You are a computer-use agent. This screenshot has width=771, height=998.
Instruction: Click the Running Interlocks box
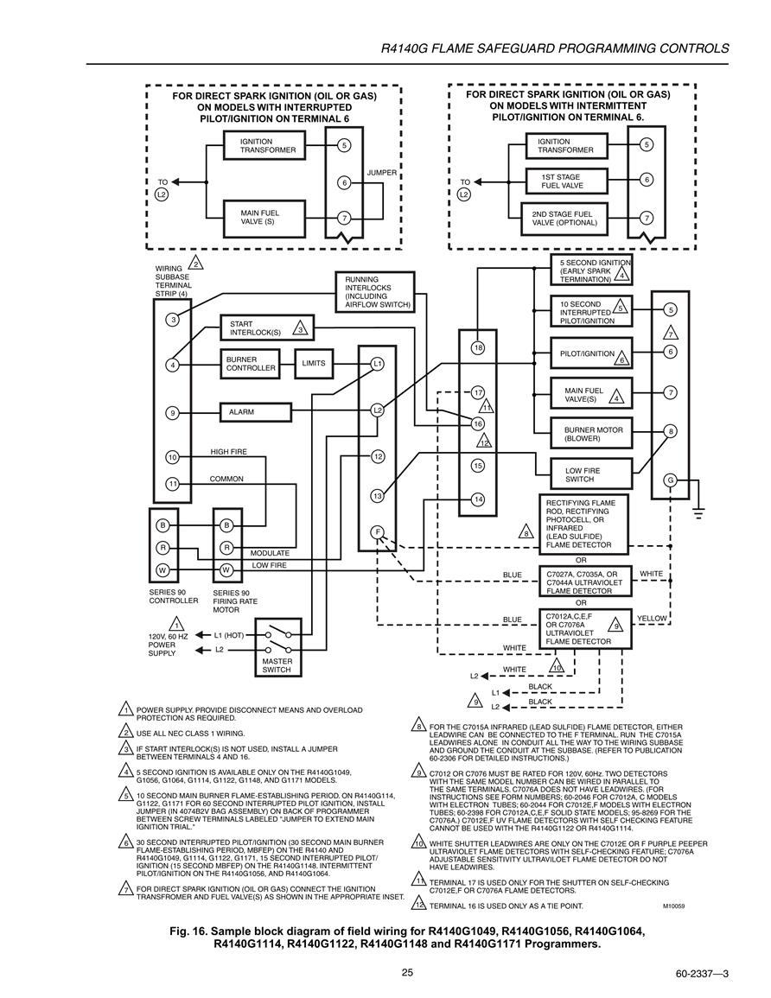pyautogui.click(x=375, y=291)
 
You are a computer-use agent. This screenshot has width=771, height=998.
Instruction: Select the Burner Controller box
pyautogui.click(x=250, y=364)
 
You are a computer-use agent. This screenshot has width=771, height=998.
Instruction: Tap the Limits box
pyautogui.click(x=313, y=364)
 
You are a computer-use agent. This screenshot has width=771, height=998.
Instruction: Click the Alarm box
pyautogui.click(x=255, y=412)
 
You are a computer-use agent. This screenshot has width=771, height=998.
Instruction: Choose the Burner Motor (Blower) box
pyautogui.click(x=591, y=434)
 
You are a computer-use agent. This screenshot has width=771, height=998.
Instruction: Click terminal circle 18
pyautogui.click(x=477, y=347)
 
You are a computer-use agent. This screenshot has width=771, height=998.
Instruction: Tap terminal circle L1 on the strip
pyautogui.click(x=378, y=364)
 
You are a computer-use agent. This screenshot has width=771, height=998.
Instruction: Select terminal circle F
pyautogui.click(x=378, y=532)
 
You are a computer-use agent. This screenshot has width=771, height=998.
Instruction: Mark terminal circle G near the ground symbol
pyautogui.click(x=670, y=480)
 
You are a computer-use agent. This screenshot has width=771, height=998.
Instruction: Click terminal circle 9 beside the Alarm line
pyautogui.click(x=172, y=413)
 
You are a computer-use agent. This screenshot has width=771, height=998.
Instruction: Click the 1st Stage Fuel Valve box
pyautogui.click(x=567, y=181)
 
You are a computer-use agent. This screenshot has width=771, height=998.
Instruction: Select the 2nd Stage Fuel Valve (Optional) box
pyautogui.click(x=564, y=219)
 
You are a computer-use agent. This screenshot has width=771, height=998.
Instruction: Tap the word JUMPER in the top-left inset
pyautogui.click(x=381, y=173)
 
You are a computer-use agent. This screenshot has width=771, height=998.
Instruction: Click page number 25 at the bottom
pyautogui.click(x=407, y=971)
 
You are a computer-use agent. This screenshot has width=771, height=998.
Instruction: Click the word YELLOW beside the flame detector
pyautogui.click(x=652, y=618)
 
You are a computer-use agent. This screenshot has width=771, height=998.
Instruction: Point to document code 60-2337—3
pyautogui.click(x=702, y=974)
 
